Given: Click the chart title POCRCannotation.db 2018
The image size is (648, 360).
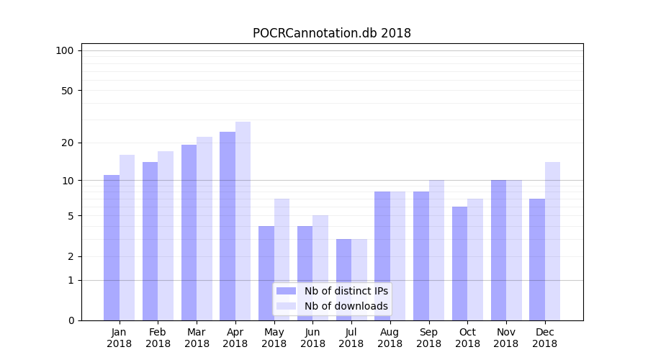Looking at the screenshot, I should coord(331,33).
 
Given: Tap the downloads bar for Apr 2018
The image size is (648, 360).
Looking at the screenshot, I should coord(243,220).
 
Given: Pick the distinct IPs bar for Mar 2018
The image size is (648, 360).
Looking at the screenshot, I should coord(189,232).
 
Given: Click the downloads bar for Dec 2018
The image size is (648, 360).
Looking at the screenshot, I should coord(552,240).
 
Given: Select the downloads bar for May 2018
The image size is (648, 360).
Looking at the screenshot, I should coord(282,259).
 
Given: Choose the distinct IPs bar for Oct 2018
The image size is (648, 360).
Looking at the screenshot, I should coord(459,263).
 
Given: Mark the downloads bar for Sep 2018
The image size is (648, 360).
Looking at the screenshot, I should coord(436,250).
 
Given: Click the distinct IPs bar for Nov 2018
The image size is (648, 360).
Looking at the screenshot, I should coord(498,250).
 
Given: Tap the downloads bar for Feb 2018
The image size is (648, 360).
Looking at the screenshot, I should coord(166,235).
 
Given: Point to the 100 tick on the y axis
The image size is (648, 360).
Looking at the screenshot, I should coord(65,50).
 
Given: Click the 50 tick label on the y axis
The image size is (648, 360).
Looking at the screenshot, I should coord(68,91).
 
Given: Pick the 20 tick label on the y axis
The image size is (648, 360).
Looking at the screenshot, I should coord(68,143).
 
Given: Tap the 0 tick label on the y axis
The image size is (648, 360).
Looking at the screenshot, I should coord(71,320).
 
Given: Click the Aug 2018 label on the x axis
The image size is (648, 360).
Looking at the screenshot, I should coord(390,338).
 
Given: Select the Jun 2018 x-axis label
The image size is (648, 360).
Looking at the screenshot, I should coord(312,338).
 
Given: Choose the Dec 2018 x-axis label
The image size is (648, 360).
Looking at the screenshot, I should coord(544,338).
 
